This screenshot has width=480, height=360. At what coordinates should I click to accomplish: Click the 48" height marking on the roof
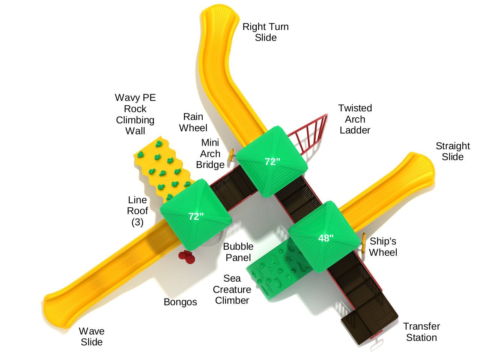[x=326, y=238]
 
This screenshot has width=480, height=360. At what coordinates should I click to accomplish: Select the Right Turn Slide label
[x=265, y=32]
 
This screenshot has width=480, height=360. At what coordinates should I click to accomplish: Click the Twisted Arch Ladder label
[x=355, y=119]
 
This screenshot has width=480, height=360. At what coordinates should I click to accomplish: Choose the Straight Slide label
[x=453, y=151]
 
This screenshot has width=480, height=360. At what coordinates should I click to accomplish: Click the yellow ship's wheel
[x=363, y=244]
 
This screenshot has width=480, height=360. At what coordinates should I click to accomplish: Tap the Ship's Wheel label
[x=383, y=247]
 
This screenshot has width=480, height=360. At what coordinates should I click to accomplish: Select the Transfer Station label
[x=421, y=332]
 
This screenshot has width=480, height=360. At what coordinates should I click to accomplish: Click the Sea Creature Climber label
[x=232, y=289]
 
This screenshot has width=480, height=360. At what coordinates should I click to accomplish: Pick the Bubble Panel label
[x=238, y=252]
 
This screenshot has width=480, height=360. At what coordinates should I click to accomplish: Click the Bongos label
[x=180, y=302]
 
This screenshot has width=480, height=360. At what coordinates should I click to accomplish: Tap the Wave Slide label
[x=92, y=337]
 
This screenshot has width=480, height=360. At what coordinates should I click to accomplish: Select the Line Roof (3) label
[x=137, y=211]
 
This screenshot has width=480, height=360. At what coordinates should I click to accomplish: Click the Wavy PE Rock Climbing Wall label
[x=135, y=114]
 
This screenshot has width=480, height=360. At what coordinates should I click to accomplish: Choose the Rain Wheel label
[x=193, y=122]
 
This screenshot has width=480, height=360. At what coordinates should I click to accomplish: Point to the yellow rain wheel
[x=231, y=155]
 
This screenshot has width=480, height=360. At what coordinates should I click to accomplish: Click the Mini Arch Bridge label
[x=210, y=154]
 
